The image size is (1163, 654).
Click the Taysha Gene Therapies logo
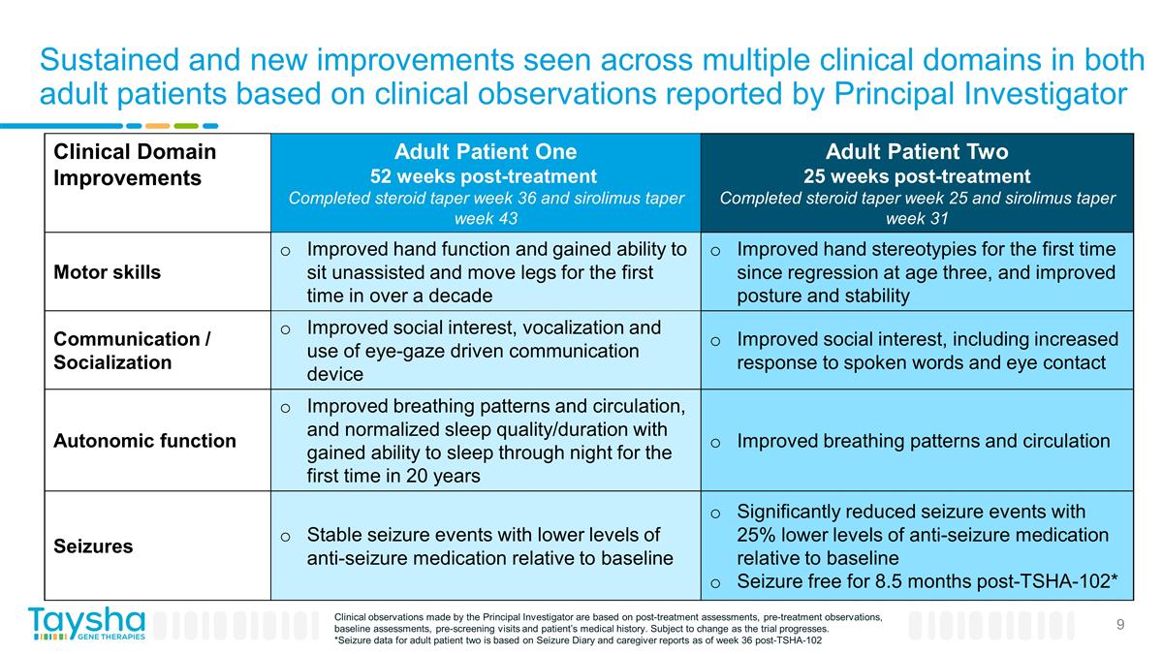[x=86, y=624]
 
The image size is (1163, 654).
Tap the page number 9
[x=1119, y=625]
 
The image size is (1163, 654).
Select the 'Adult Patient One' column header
[x=485, y=152]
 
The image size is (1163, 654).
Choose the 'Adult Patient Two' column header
[x=916, y=152]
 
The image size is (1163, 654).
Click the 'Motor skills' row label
[x=108, y=271]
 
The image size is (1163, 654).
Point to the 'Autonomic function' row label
[x=144, y=441]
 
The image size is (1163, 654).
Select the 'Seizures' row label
[x=93, y=545]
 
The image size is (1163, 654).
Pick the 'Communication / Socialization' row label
[x=132, y=351]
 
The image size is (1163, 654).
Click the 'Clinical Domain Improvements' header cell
[x=135, y=165]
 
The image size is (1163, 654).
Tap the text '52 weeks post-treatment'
[x=485, y=176]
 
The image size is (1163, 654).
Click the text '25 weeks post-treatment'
[x=916, y=176]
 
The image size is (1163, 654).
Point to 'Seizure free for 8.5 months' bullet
[x=927, y=581]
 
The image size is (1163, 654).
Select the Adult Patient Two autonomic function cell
[x=923, y=441]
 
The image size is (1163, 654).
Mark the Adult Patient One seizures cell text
[x=488, y=546]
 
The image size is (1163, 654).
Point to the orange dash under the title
[x=158, y=125]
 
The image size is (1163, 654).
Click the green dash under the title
[x=186, y=125]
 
